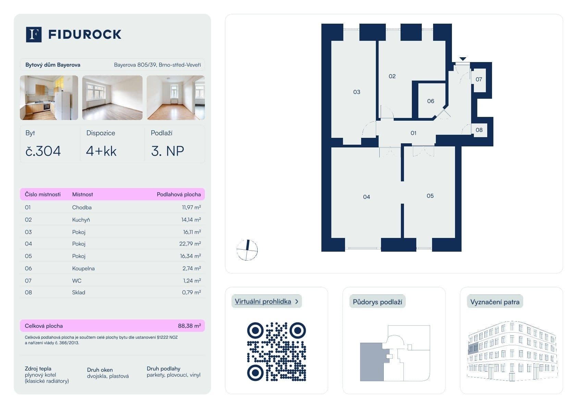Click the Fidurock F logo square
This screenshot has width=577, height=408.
pyautogui.click(x=34, y=35)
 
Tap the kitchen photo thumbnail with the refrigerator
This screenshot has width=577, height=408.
pyautogui.click(x=49, y=98)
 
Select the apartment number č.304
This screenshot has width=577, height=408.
pyautogui.click(x=43, y=151)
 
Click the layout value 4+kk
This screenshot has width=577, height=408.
pyautogui.click(x=101, y=151)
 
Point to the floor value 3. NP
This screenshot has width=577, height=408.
pyautogui.click(x=168, y=151)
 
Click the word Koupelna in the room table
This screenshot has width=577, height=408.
pyautogui.click(x=83, y=268)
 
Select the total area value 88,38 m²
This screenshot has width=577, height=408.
pyautogui.click(x=189, y=326)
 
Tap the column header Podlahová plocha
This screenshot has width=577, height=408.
pyautogui.click(x=179, y=194)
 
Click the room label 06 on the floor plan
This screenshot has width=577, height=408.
pyautogui.click(x=430, y=101)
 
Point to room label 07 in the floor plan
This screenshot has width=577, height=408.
pyautogui.click(x=479, y=80)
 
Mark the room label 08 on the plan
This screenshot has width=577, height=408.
pyautogui.click(x=479, y=130)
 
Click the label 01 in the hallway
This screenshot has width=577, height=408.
pyautogui.click(x=413, y=133)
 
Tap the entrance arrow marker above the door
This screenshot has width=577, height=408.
pyautogui.click(x=463, y=59)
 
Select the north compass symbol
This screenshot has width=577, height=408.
pyautogui.click(x=247, y=250)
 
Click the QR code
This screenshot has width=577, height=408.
pyautogui.click(x=276, y=351)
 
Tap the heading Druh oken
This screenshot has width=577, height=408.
pyautogui.click(x=100, y=370)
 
